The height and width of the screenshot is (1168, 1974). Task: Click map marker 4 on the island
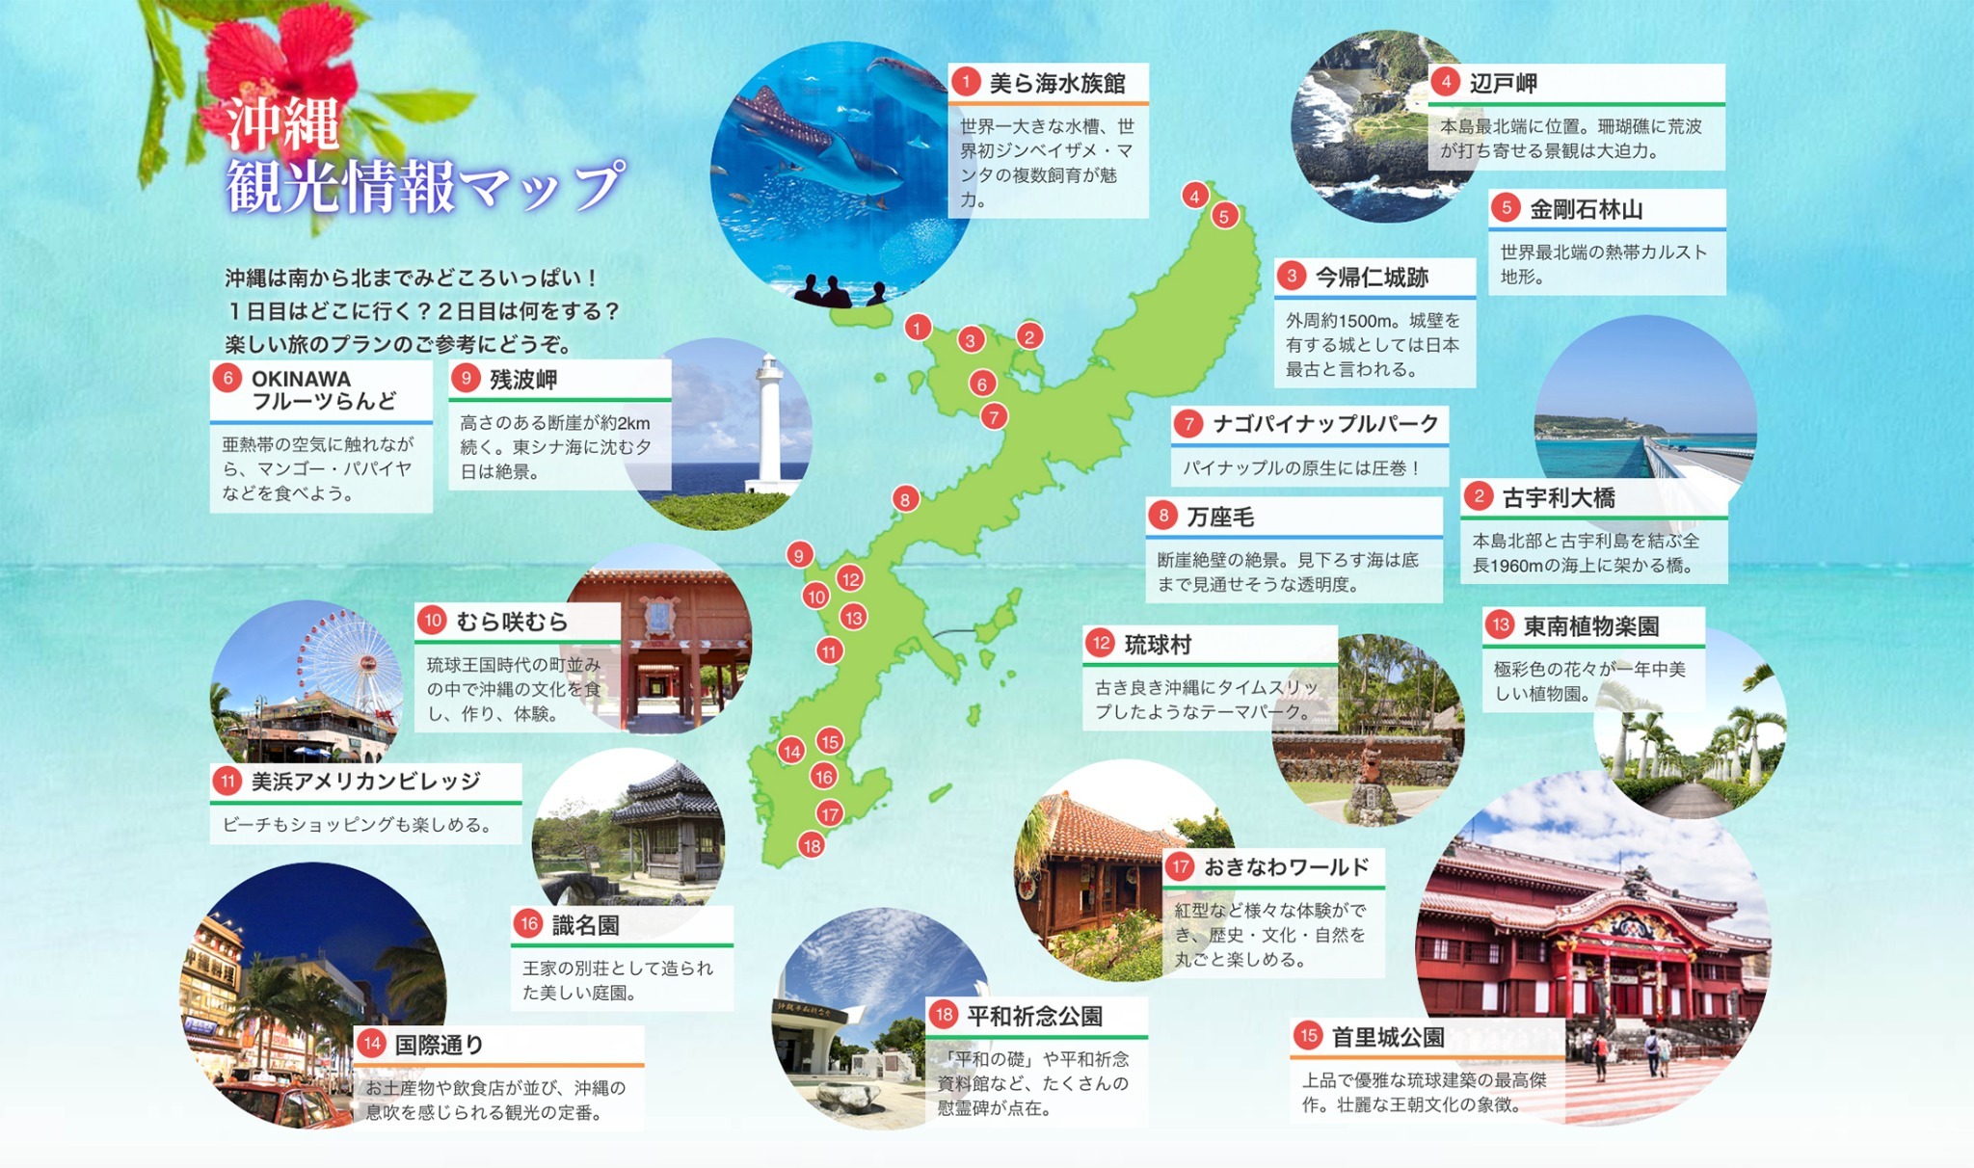(x=1195, y=196)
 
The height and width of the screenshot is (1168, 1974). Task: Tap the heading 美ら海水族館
(x=1057, y=84)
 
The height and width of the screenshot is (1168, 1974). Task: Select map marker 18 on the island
(x=812, y=846)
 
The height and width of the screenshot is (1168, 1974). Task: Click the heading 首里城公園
(x=1388, y=1037)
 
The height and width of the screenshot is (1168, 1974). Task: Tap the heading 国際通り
(x=440, y=1045)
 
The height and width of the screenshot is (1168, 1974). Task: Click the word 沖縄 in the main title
(x=282, y=123)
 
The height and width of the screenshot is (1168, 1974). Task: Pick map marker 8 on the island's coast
(x=904, y=499)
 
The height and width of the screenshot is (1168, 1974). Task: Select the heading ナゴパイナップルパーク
(x=1325, y=424)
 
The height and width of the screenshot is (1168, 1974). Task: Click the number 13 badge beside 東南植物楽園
(x=1500, y=625)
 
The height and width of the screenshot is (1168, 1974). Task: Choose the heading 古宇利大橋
(x=1559, y=498)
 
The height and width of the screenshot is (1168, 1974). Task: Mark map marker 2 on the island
(x=1029, y=336)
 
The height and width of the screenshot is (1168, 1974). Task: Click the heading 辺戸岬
(x=1503, y=84)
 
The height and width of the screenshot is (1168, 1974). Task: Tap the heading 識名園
(x=585, y=926)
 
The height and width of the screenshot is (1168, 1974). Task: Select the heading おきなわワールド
(x=1286, y=867)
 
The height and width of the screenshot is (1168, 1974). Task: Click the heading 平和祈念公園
(x=1034, y=1016)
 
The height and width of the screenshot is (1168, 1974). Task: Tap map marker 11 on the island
(x=829, y=651)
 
